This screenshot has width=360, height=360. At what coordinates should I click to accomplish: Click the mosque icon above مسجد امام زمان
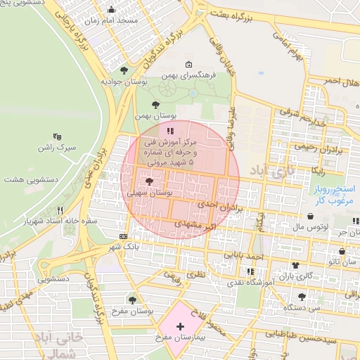111,10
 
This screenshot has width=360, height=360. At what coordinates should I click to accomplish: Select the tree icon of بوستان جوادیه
124,70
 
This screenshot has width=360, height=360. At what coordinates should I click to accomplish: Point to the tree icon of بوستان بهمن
155,104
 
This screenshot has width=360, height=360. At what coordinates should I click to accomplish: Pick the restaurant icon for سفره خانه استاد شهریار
60,210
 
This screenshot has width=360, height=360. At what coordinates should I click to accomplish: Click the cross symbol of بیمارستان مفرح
181,326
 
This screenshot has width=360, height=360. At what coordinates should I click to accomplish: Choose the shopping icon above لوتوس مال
311,217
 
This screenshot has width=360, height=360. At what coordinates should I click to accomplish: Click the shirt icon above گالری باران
295,266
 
